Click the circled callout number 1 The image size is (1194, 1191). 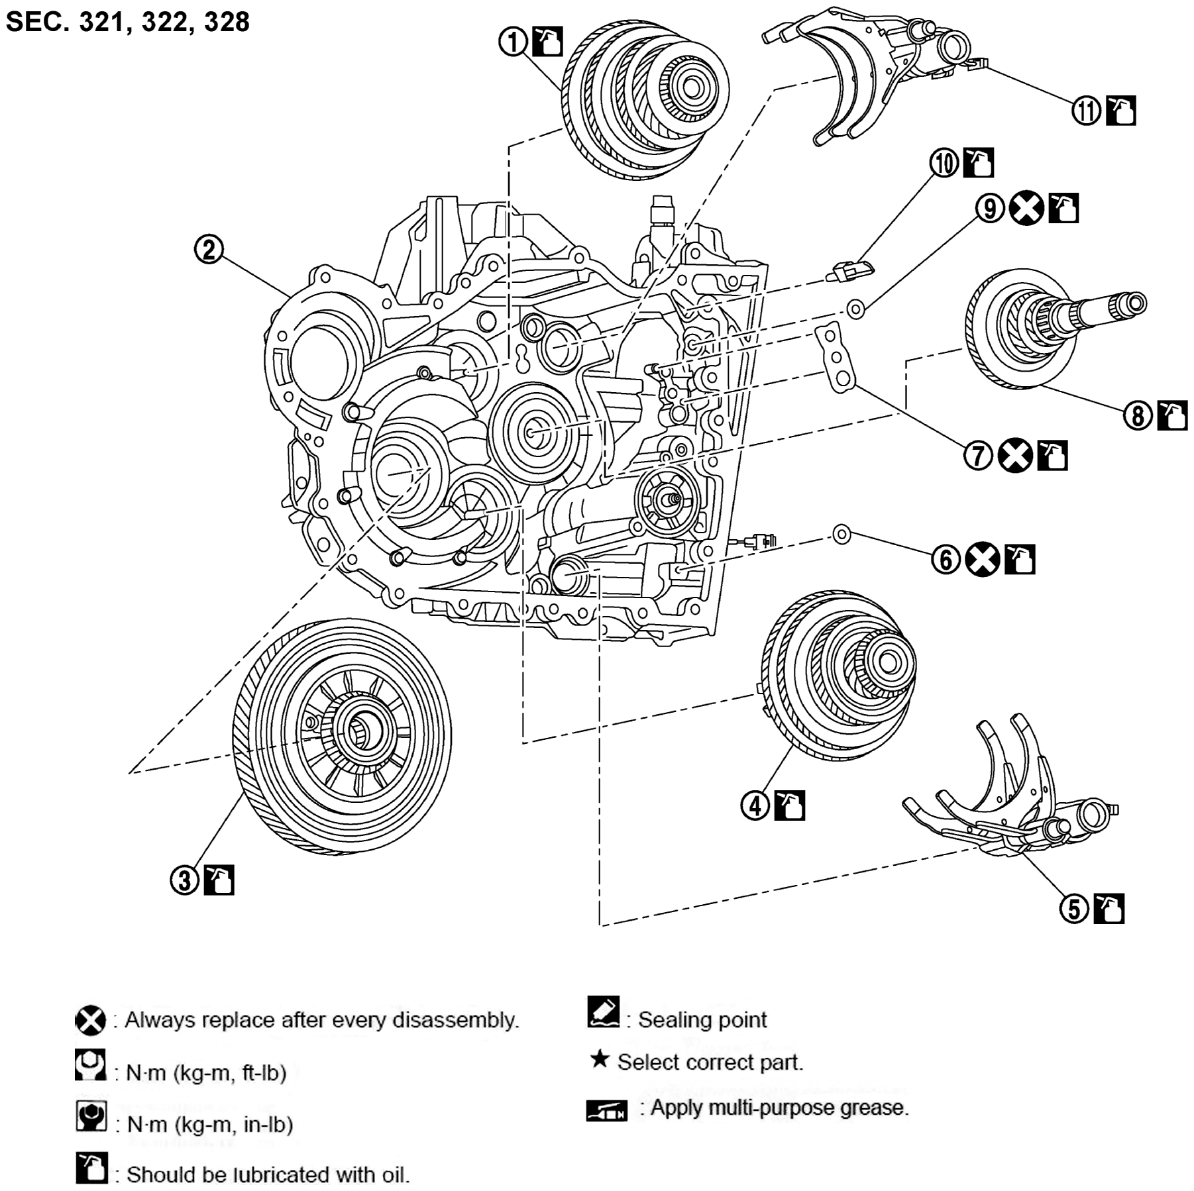[513, 42]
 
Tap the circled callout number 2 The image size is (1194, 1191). [209, 250]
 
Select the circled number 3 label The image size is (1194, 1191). [185, 880]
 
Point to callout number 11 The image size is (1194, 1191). [1086, 111]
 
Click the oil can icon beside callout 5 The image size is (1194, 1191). [1109, 909]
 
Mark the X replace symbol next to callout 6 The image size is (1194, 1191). [982, 560]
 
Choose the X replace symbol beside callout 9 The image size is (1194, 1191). [1026, 209]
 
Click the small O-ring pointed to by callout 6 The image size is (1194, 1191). [841, 534]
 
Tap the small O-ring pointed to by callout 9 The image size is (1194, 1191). [855, 309]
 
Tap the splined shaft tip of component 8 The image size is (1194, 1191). [1134, 303]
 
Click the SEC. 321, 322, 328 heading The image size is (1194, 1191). [127, 21]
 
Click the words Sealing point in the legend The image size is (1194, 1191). [702, 1019]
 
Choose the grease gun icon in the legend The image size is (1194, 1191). [606, 1110]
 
